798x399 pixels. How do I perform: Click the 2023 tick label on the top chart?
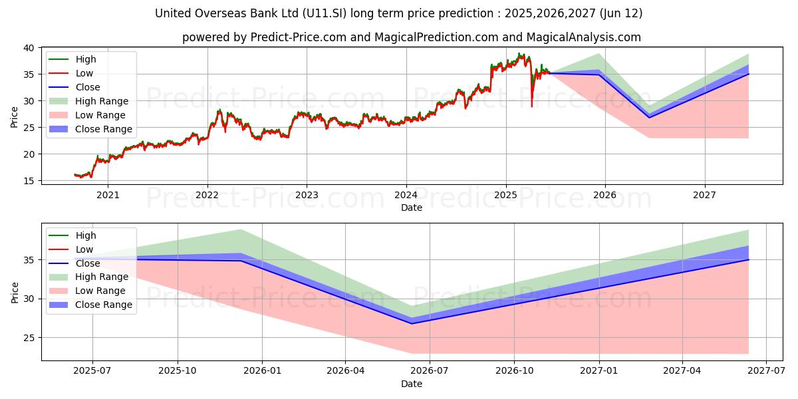[x=307, y=196]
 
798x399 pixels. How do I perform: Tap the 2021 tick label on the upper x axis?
[x=108, y=196]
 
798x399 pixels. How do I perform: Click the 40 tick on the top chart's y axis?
[x=28, y=48]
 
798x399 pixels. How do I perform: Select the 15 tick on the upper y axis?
[x=28, y=181]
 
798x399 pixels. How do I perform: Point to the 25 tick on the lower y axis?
[x=28, y=338]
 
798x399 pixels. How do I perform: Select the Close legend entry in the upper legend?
[x=88, y=87]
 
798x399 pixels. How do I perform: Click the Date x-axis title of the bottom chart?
[x=412, y=384]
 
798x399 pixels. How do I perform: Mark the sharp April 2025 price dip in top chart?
[x=531, y=105]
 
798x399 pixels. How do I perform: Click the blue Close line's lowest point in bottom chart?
[x=412, y=323]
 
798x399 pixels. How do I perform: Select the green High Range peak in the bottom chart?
[x=241, y=230]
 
